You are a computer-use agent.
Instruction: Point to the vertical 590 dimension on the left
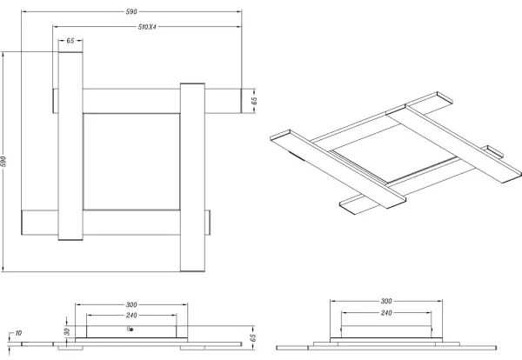point(6,162)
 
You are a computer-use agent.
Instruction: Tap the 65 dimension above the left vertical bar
point(70,41)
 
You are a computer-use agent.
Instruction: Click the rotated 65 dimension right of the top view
point(254,101)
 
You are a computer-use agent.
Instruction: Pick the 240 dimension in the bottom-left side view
point(131,314)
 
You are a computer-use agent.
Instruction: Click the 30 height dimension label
point(65,331)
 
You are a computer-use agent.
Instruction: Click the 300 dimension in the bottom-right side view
point(385,300)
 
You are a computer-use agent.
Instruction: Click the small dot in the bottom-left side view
point(130,330)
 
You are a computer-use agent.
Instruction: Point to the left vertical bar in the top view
point(70,144)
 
